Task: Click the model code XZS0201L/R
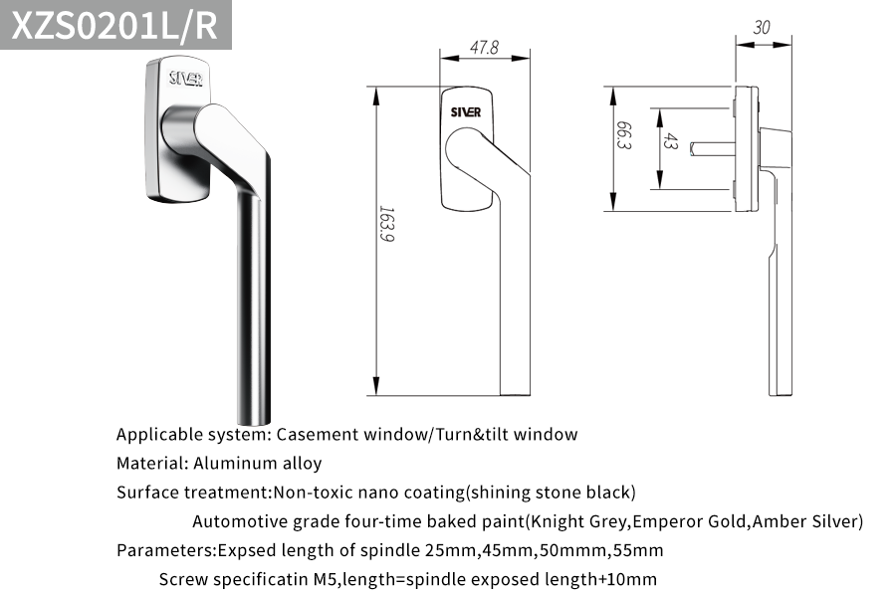[x=114, y=25]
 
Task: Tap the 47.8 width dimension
[x=484, y=47]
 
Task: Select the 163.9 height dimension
[x=386, y=224]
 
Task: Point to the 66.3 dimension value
[x=624, y=135]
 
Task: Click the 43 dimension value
[x=670, y=141]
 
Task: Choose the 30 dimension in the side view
[x=762, y=28]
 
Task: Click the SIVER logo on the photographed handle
[x=186, y=79]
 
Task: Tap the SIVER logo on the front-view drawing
[x=466, y=112]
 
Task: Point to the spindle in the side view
[x=713, y=149]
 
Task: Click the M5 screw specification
[x=326, y=580]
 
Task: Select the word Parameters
[x=164, y=550]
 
